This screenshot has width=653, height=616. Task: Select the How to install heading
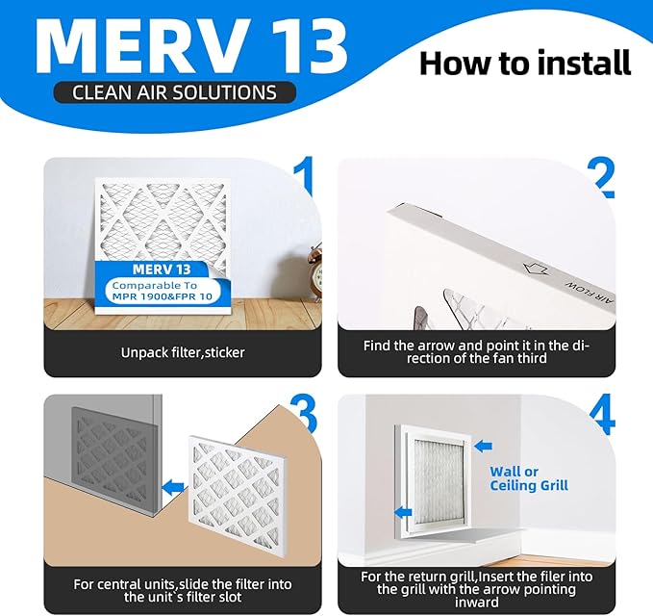[x=525, y=63]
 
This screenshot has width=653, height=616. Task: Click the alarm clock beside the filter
[x=314, y=271]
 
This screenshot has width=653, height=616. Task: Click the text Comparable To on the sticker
[x=155, y=286]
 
